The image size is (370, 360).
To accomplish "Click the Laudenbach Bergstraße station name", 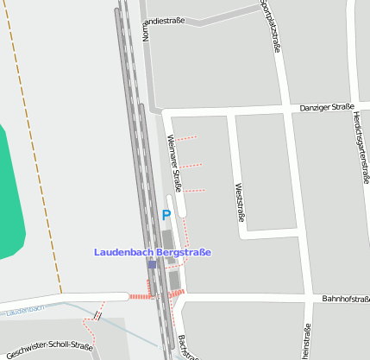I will click(152, 252).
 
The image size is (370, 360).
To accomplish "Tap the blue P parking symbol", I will click(166, 215).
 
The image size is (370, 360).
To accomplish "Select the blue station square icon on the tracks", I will click(152, 264).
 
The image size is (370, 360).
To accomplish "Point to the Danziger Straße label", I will click(327, 108).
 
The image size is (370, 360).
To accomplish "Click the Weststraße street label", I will click(239, 201).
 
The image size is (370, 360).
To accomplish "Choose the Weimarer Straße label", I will click(175, 162).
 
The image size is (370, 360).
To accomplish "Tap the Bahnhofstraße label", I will click(345, 299).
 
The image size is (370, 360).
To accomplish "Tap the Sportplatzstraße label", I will click(271, 26).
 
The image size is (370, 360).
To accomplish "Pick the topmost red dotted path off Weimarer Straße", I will click(186, 137).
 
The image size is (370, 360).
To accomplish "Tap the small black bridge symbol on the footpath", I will click(97, 316).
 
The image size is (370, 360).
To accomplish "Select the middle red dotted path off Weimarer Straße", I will click(191, 165).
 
